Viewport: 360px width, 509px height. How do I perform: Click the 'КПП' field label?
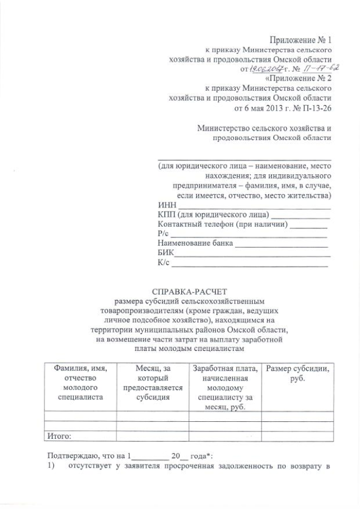(x=168, y=214)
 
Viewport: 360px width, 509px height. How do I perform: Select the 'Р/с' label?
(x=164, y=235)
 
